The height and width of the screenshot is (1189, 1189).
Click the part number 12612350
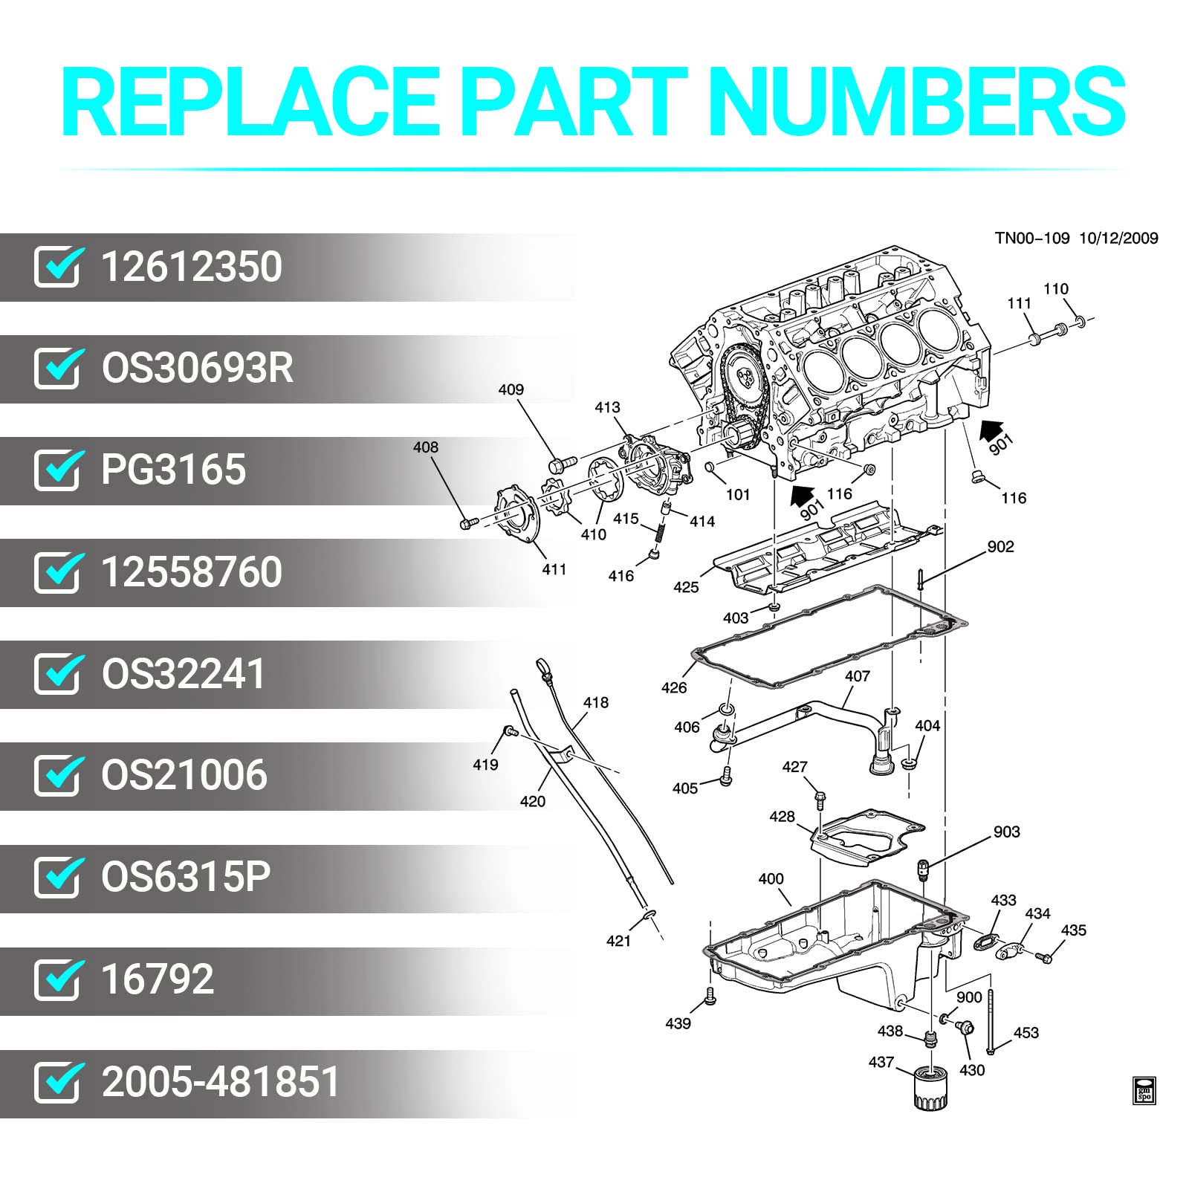coord(191,267)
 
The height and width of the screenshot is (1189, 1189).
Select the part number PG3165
coord(173,470)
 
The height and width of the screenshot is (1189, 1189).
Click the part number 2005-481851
coord(220,1082)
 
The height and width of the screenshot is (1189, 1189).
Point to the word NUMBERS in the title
coord(917,102)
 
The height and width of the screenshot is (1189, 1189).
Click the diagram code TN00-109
coord(1031,239)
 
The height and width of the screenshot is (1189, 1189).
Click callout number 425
coord(685,587)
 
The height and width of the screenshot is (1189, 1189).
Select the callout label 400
coord(771,879)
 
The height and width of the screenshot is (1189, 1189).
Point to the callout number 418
coord(596,702)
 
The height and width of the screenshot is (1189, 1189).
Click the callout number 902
coord(1000,547)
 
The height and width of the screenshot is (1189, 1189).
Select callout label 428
coord(782,817)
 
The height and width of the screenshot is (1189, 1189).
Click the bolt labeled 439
coord(710,996)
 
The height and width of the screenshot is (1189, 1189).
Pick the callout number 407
coord(857,676)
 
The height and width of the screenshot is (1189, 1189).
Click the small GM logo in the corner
coord(1144,1090)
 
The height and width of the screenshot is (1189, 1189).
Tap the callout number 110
coord(1055,289)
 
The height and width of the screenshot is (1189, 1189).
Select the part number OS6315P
coord(186,878)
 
